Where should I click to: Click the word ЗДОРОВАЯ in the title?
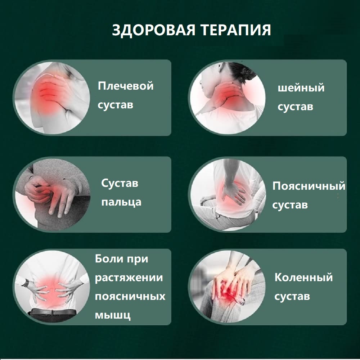(x=154, y=30)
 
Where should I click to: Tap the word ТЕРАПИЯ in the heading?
(x=236, y=30)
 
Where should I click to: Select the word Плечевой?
(x=126, y=86)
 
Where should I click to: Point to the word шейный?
(x=301, y=88)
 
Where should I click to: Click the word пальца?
(x=121, y=202)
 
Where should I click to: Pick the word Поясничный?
(x=309, y=186)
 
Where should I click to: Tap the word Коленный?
(x=303, y=277)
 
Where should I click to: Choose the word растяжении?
(x=129, y=278)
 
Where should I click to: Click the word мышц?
(x=113, y=315)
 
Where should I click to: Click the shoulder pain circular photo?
(x=52, y=98)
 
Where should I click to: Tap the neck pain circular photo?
(x=227, y=98)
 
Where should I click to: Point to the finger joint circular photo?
(x=52, y=194)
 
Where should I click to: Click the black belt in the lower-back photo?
(x=53, y=312)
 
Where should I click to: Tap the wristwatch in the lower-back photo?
(x=25, y=283)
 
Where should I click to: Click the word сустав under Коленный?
(x=292, y=297)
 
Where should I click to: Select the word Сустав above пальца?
(x=120, y=183)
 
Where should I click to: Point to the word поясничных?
(x=130, y=296)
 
